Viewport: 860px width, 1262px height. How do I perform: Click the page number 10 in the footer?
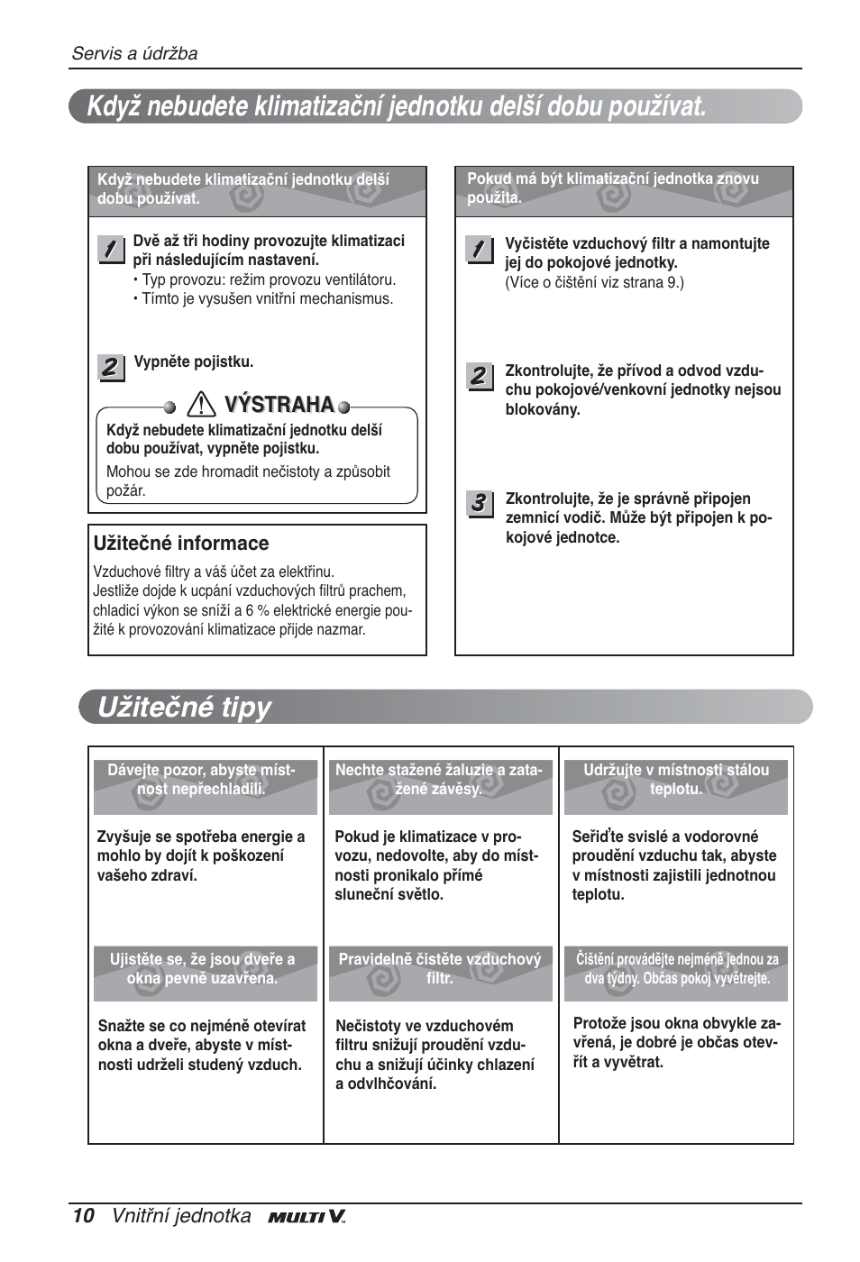83,1216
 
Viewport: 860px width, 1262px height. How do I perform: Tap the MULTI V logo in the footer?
306,1217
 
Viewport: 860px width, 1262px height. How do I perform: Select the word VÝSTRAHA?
279,405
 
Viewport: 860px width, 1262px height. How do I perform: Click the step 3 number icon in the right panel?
480,503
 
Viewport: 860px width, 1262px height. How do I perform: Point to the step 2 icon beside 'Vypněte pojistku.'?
110,367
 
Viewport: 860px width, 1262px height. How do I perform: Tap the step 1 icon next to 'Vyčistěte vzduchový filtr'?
480,249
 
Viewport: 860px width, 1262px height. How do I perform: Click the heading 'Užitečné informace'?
181,544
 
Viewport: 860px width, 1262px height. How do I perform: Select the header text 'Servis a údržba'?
134,53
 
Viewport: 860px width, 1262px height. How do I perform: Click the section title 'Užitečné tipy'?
184,708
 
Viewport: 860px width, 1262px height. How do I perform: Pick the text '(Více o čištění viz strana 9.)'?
594,283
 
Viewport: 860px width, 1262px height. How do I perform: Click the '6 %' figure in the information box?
256,610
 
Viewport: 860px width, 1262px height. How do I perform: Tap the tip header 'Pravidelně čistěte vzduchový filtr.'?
440,969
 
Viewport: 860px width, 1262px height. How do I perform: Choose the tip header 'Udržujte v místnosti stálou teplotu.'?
676,780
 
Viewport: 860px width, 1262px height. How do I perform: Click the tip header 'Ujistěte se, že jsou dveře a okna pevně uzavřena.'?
203,969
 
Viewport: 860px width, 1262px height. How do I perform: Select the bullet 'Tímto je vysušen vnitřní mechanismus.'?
267,298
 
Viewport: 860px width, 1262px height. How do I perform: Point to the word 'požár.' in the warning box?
126,491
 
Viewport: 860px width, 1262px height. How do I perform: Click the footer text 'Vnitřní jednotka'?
181,1216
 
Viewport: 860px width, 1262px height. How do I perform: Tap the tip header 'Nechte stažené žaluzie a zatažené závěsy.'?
439,780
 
